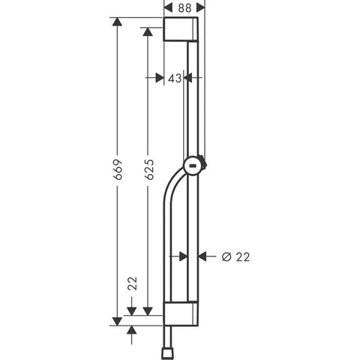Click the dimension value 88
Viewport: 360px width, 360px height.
184,8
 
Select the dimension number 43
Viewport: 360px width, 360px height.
175,79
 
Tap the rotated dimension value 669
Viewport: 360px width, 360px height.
118,169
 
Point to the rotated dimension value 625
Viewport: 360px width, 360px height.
149,169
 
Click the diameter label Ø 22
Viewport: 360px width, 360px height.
235,257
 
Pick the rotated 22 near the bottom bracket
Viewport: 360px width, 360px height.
132,283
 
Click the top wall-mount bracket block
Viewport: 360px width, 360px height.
181,29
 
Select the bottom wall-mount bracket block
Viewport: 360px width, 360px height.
181,313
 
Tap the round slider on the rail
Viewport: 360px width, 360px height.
193,166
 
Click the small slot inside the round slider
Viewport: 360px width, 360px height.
192,166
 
